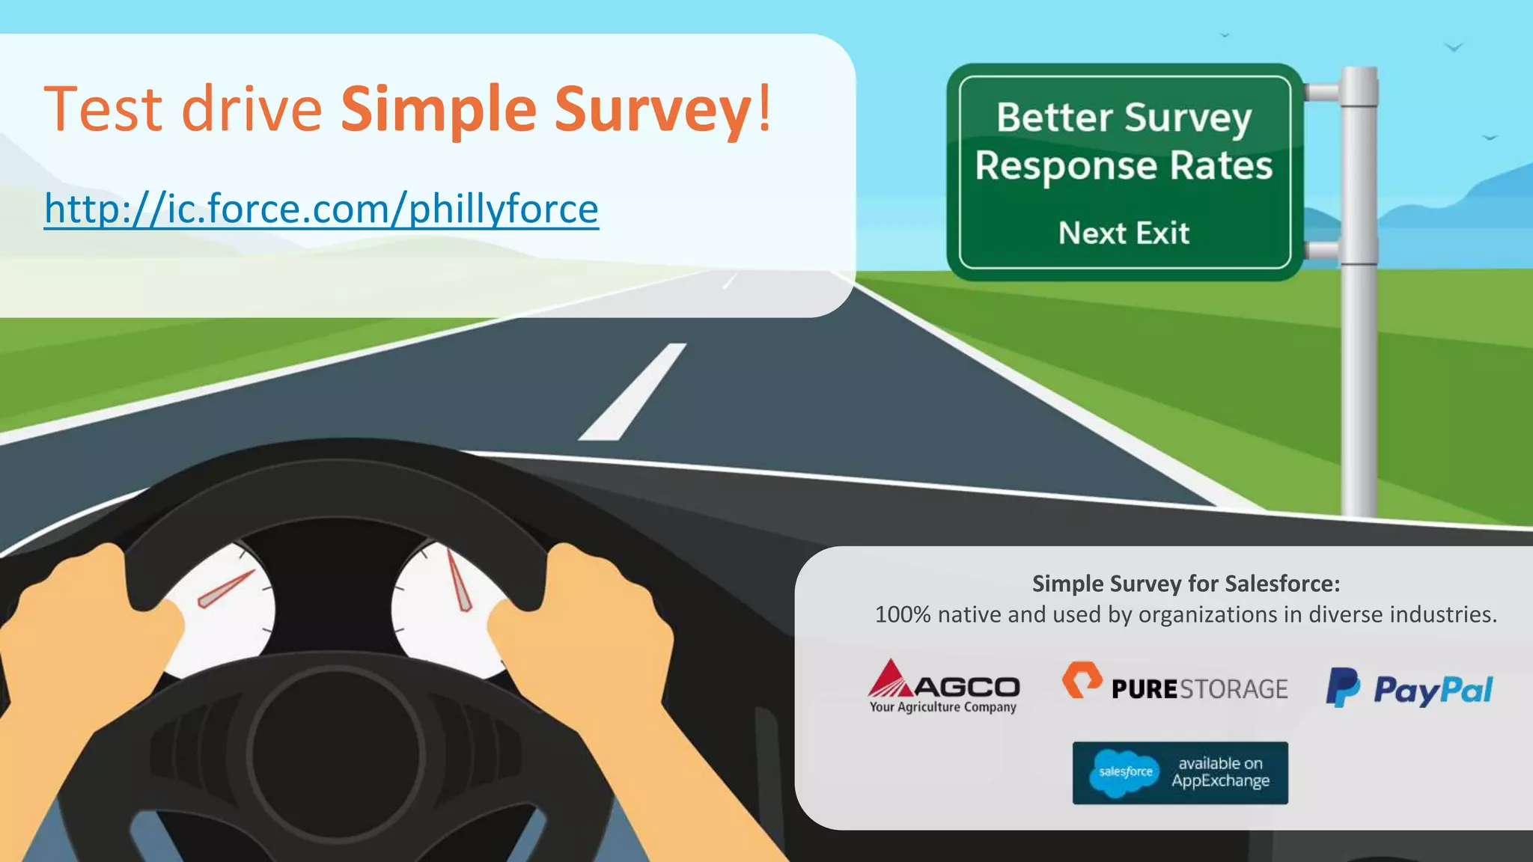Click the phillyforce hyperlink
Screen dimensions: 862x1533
click(321, 209)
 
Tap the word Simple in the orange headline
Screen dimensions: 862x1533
click(439, 110)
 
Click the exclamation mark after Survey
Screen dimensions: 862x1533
click(764, 108)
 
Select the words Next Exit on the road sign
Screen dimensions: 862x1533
click(1124, 233)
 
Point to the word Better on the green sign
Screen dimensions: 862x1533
click(1055, 117)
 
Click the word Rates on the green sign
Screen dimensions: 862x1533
click(1221, 165)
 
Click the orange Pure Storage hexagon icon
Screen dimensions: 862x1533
click(1082, 679)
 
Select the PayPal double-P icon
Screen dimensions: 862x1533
click(1343, 687)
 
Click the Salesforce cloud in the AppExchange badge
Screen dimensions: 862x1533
click(1125, 772)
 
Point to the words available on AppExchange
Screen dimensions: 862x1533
click(1220, 772)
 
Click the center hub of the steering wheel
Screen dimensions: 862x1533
click(337, 752)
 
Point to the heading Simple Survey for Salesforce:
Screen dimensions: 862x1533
click(1186, 584)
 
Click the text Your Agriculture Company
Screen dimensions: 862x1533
click(942, 707)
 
